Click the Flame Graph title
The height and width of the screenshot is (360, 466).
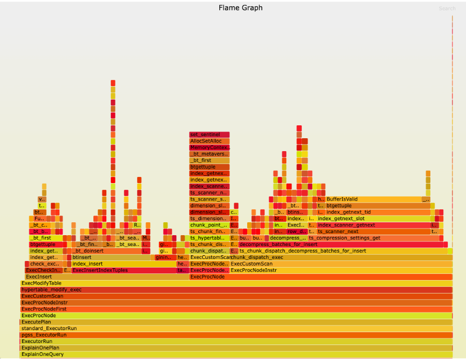click(240, 8)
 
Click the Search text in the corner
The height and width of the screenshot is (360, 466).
click(447, 8)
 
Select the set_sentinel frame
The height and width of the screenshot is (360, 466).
click(209, 135)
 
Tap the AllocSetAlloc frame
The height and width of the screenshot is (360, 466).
click(209, 141)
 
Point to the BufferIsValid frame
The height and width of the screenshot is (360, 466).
click(373, 199)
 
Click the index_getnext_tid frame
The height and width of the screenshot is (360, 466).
click(378, 212)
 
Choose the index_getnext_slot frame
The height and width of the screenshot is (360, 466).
click(374, 219)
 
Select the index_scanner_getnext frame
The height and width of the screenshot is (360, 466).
click(374, 225)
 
